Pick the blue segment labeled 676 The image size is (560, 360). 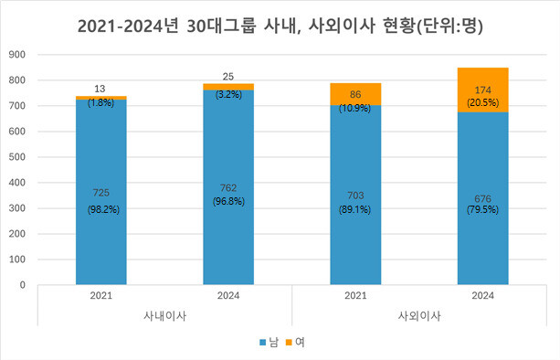[x=482, y=238]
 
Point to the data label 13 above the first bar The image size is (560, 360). [x=100, y=89]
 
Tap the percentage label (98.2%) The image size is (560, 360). [x=100, y=209]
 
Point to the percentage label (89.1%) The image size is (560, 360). [x=355, y=209]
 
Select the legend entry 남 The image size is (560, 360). [x=267, y=342]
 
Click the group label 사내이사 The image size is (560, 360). [x=164, y=315]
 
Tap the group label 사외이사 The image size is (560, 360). [x=419, y=315]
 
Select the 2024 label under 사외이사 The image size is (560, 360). [x=482, y=296]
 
